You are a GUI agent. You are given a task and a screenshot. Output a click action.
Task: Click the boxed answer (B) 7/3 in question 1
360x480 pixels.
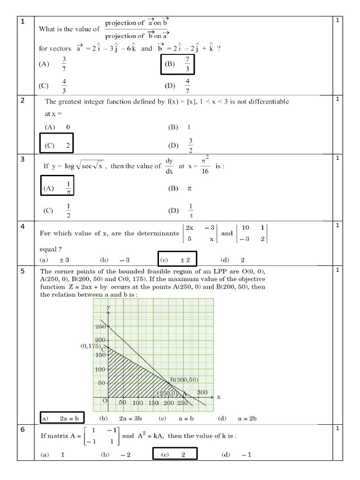click(177, 64)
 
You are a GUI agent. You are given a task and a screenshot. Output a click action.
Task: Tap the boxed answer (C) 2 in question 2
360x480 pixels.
click(57, 145)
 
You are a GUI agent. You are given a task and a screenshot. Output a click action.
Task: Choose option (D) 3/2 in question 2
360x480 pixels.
click(180, 145)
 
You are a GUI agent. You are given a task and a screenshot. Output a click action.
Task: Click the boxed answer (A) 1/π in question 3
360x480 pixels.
click(57, 188)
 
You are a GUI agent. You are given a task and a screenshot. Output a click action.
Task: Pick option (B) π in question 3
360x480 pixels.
click(180, 188)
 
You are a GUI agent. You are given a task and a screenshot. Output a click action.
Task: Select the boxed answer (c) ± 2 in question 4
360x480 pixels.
click(177, 260)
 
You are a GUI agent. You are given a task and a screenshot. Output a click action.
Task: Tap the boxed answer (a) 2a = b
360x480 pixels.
click(61, 419)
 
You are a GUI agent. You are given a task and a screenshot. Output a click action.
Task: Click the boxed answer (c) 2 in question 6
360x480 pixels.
click(174, 454)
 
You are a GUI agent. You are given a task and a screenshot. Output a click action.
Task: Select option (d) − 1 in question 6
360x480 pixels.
click(237, 454)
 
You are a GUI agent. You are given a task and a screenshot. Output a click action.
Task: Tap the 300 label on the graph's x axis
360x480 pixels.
click(202, 392)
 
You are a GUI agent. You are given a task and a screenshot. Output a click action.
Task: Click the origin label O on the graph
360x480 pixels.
click(105, 401)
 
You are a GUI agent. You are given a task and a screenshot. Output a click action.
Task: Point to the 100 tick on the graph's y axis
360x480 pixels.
click(100, 369)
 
